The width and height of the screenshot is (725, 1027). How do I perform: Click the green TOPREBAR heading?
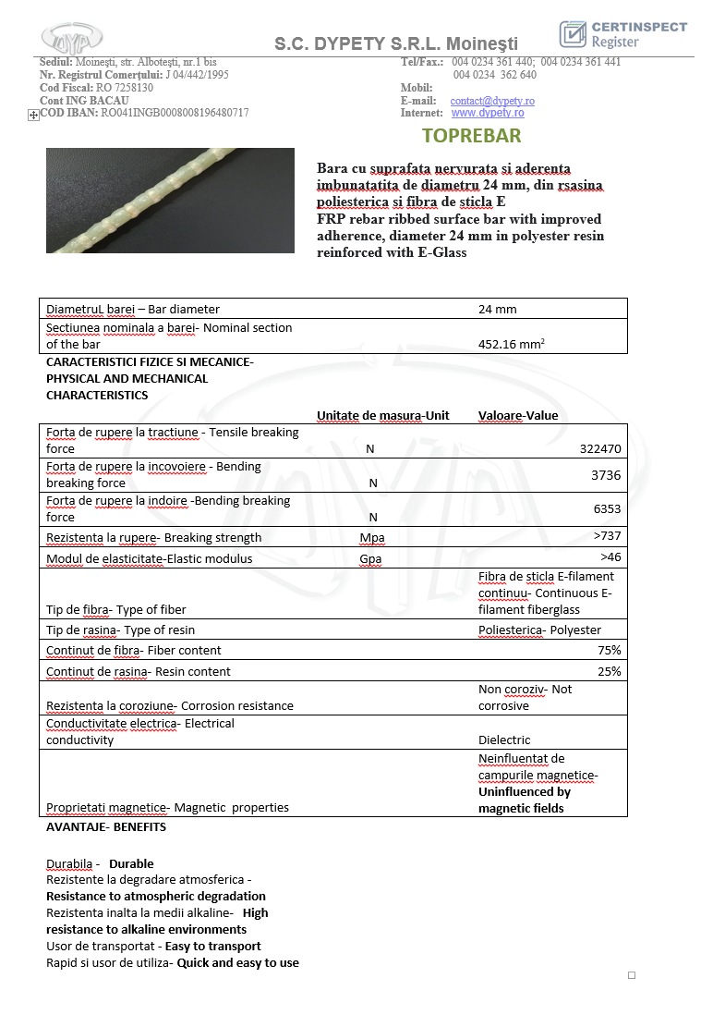click(471, 136)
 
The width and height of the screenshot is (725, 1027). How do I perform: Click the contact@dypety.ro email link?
click(492, 101)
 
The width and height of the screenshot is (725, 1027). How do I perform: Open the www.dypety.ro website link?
click(488, 113)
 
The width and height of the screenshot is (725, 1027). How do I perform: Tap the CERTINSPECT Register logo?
click(623, 34)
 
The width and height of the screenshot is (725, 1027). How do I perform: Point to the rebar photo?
click(170, 201)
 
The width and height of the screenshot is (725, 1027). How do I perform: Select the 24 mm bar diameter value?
click(497, 309)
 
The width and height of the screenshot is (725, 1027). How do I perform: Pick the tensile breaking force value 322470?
click(600, 448)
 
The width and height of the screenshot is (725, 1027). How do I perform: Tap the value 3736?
click(606, 475)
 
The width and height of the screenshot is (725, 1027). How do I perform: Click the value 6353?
click(606, 508)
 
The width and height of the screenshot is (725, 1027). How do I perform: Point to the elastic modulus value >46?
click(610, 557)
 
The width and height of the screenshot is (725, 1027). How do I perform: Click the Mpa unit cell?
click(372, 538)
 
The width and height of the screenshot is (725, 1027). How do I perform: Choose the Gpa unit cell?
click(371, 559)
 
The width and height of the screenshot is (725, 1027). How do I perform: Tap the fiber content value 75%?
click(610, 650)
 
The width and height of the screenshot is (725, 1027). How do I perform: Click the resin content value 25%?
click(610, 671)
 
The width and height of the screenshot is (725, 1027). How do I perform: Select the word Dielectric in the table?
click(503, 740)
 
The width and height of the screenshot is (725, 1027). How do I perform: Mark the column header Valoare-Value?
click(518, 415)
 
